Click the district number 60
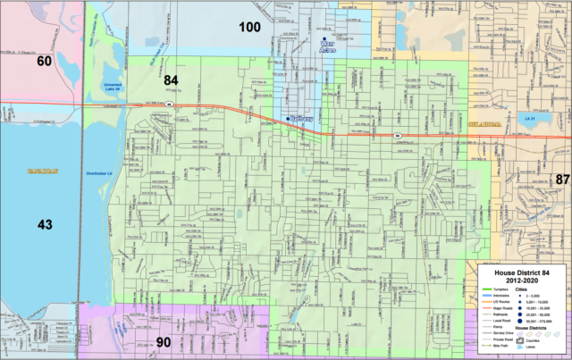coord(44,62)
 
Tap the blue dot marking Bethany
coord(288,118)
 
